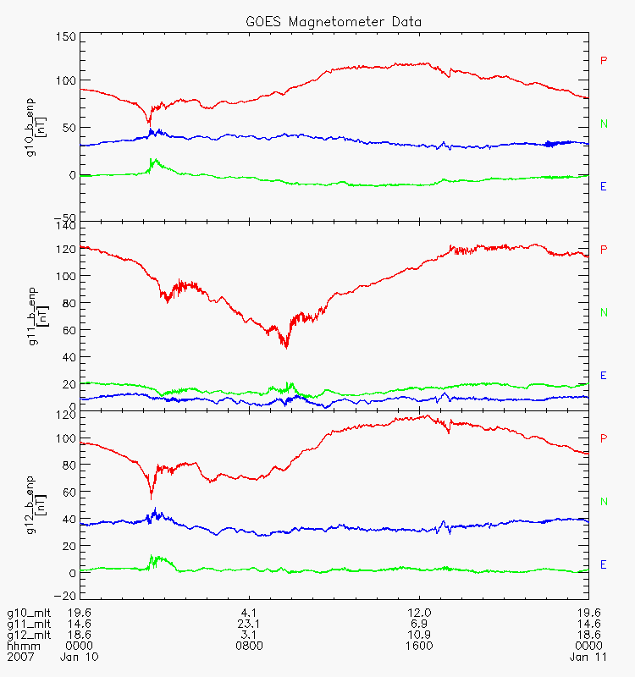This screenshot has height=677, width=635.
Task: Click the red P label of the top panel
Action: click(x=604, y=60)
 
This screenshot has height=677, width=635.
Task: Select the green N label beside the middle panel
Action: click(x=604, y=313)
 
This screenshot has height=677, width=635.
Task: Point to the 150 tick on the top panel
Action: click(x=66, y=37)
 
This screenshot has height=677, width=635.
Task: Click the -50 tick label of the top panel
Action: click(x=66, y=217)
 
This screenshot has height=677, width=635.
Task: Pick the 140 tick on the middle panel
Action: click(x=66, y=226)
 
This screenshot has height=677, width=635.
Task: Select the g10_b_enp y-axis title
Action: click(x=32, y=127)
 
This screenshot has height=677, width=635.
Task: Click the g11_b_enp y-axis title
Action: click(x=32, y=316)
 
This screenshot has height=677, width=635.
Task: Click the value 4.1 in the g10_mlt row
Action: click(x=249, y=612)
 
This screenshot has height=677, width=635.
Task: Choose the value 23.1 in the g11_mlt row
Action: click(x=249, y=623)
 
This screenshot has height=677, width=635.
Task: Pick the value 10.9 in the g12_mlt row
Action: click(x=419, y=634)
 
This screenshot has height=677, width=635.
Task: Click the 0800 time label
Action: click(x=249, y=646)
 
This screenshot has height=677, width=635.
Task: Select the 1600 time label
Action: click(x=419, y=646)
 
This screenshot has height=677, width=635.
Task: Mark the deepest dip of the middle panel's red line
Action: click(x=286, y=347)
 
